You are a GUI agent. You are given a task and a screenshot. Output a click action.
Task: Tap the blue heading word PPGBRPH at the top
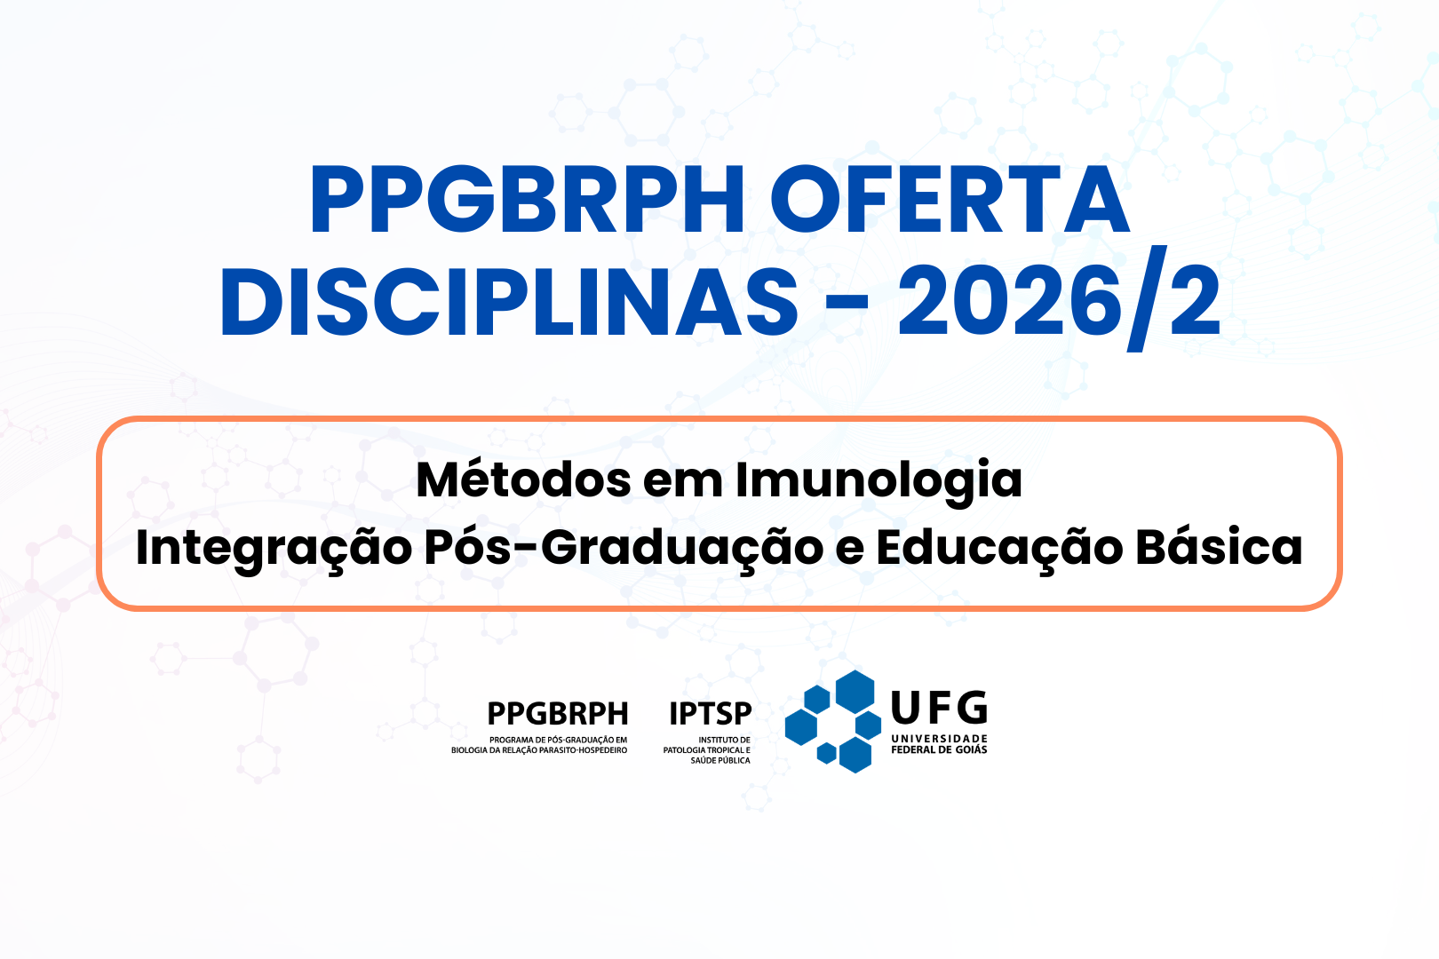tap(527, 200)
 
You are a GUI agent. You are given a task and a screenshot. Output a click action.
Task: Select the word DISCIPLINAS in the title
tap(510, 301)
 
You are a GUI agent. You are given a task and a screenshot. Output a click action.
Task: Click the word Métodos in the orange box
tap(523, 479)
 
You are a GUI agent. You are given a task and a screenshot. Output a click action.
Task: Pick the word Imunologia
tap(879, 483)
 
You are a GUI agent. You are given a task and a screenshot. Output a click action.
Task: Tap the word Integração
tap(274, 548)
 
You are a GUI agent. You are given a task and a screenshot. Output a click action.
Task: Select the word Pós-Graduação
tap(624, 548)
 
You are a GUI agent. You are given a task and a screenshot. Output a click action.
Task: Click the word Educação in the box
tap(999, 548)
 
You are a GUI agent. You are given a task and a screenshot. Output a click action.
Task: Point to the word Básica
tap(1219, 547)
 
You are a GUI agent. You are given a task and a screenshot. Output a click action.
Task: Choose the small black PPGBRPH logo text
tap(558, 714)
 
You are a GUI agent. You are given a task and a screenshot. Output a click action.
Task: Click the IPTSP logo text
tap(711, 714)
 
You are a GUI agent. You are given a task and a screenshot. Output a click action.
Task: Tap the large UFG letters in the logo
tap(939, 707)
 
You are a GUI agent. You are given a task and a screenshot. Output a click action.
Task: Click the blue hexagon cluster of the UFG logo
tap(833, 721)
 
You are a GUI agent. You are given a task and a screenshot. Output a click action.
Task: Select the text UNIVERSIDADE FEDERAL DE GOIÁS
tap(939, 744)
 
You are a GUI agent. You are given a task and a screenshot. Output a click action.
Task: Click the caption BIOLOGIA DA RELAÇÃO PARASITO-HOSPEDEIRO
tap(539, 750)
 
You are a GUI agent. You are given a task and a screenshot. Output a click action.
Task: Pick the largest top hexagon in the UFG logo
tap(855, 692)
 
